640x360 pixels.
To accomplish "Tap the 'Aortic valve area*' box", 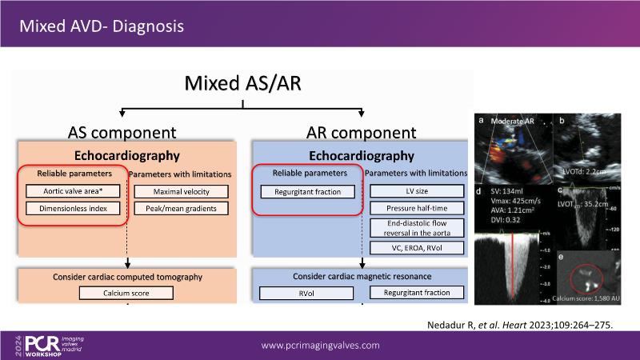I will [x=71, y=192].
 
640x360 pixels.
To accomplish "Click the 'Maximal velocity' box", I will [x=179, y=192].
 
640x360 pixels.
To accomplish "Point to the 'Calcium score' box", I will [x=125, y=293].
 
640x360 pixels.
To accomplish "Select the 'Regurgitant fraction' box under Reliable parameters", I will [x=306, y=192].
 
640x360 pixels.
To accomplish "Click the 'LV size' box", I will [x=417, y=192].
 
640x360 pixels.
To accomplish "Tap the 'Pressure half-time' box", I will [x=417, y=209].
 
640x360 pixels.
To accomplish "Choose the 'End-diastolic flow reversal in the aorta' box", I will [x=417, y=227].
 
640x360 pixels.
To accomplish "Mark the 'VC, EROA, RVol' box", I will [x=417, y=249].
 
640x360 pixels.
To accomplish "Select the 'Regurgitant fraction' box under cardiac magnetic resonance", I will [x=417, y=293].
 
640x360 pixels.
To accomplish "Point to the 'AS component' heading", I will [x=122, y=133].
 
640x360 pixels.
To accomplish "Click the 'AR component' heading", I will [x=361, y=133].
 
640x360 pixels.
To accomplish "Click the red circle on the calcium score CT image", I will [x=589, y=277].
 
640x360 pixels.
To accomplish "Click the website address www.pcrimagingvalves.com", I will [x=321, y=345].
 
